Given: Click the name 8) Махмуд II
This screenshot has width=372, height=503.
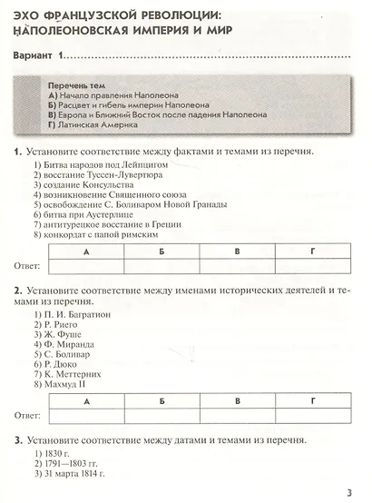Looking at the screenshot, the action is pos(64,383).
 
